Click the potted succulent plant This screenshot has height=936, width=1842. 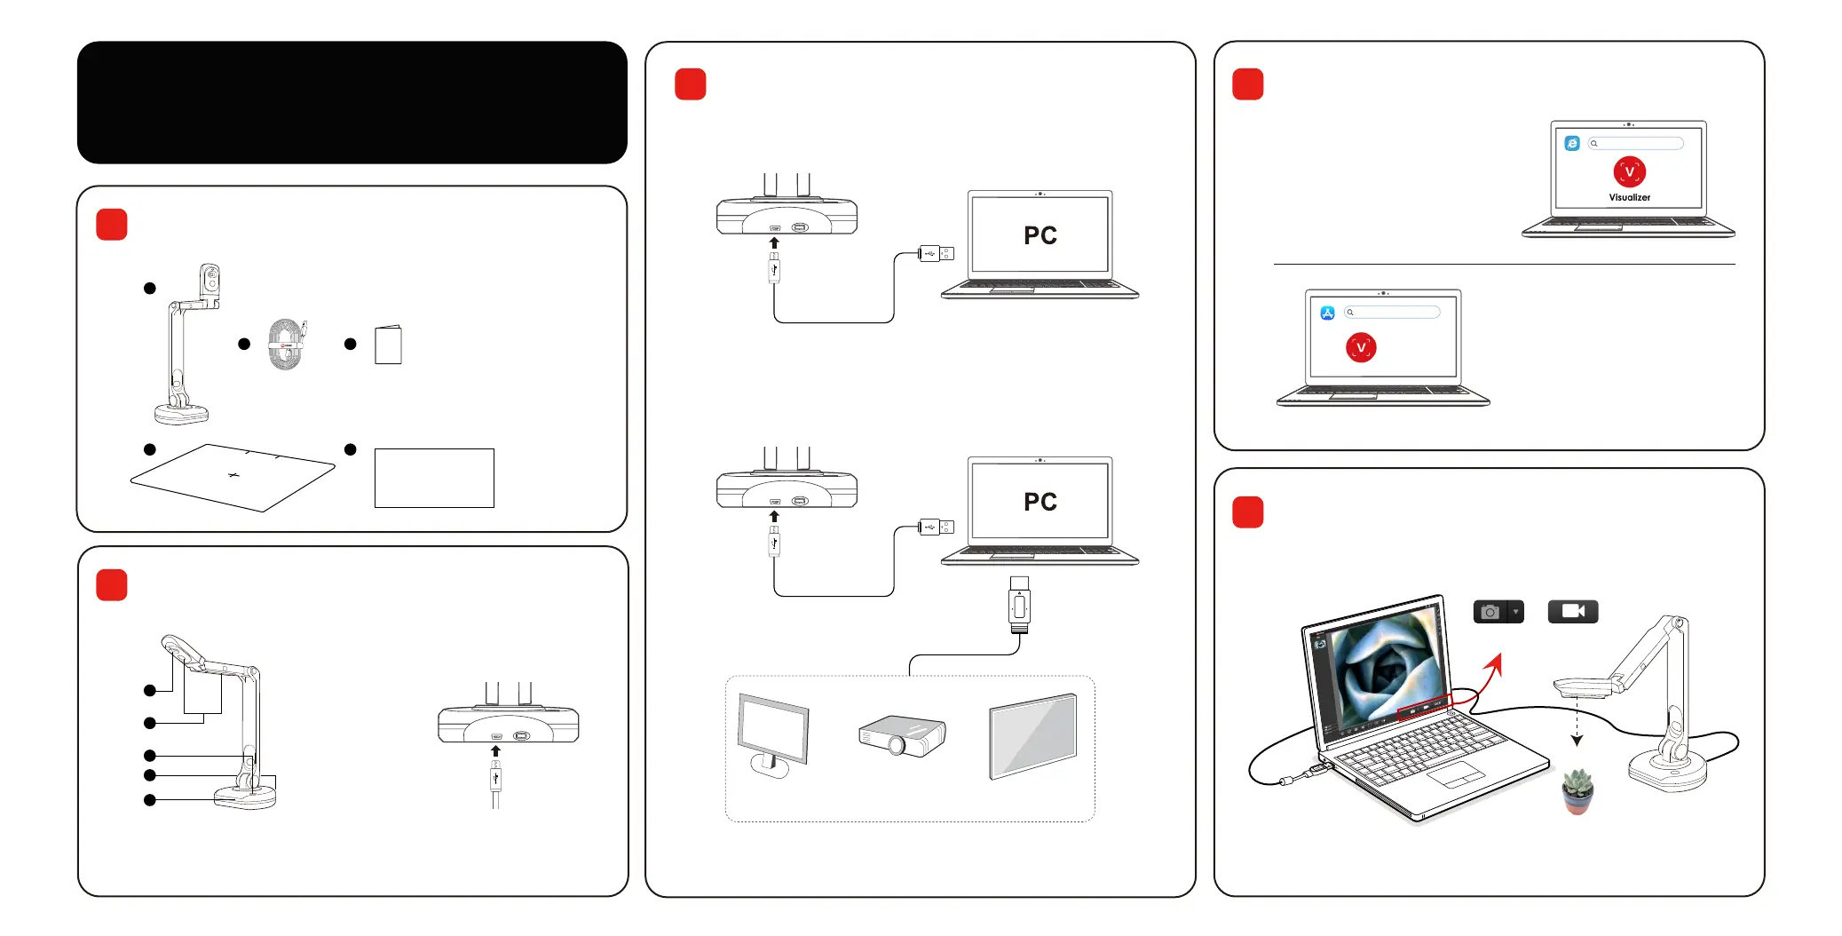click(1577, 790)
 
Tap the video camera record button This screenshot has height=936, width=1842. click(1572, 611)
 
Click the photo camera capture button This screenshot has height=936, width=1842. click(1491, 612)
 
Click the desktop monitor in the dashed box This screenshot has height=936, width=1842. click(772, 734)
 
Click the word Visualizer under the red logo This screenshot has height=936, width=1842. click(1629, 198)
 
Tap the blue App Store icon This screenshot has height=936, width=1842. click(1327, 313)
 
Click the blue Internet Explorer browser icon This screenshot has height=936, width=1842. click(1572, 143)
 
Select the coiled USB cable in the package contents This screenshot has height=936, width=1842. click(286, 345)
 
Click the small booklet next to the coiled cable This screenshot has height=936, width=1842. click(388, 345)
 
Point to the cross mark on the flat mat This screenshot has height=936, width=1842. click(233, 475)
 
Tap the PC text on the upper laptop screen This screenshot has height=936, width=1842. click(1040, 235)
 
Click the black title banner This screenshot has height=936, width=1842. click(352, 102)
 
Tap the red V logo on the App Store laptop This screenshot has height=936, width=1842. click(1361, 347)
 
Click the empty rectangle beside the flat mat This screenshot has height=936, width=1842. click(434, 478)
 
